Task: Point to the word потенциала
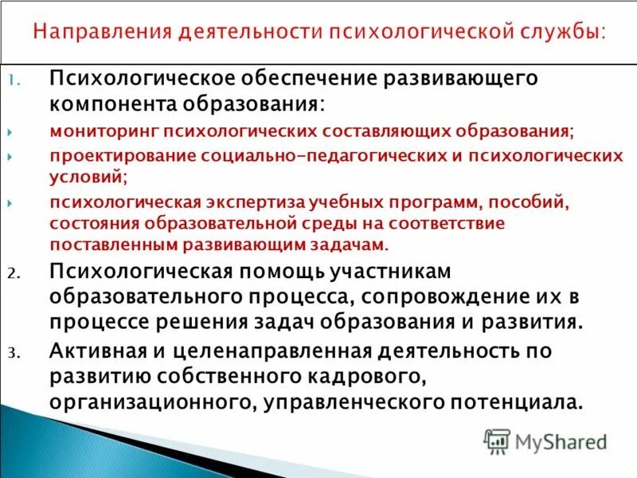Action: [x=502, y=402]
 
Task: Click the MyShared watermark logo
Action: [x=545, y=441]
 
